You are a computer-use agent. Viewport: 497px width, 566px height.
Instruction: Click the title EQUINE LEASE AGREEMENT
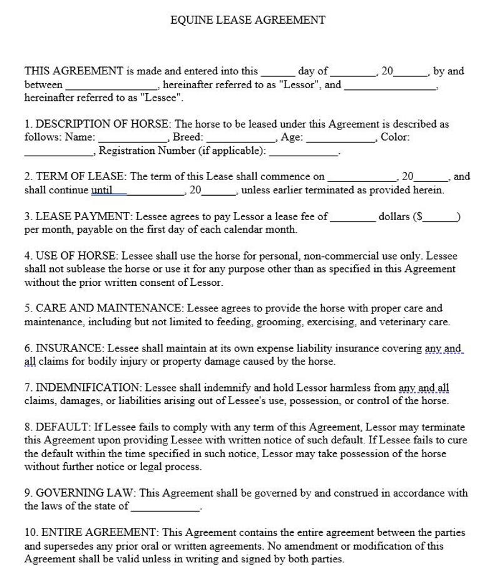point(248,20)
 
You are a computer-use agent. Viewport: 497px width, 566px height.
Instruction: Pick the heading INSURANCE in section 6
point(68,348)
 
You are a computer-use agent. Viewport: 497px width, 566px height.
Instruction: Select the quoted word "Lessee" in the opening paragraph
point(161,98)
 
